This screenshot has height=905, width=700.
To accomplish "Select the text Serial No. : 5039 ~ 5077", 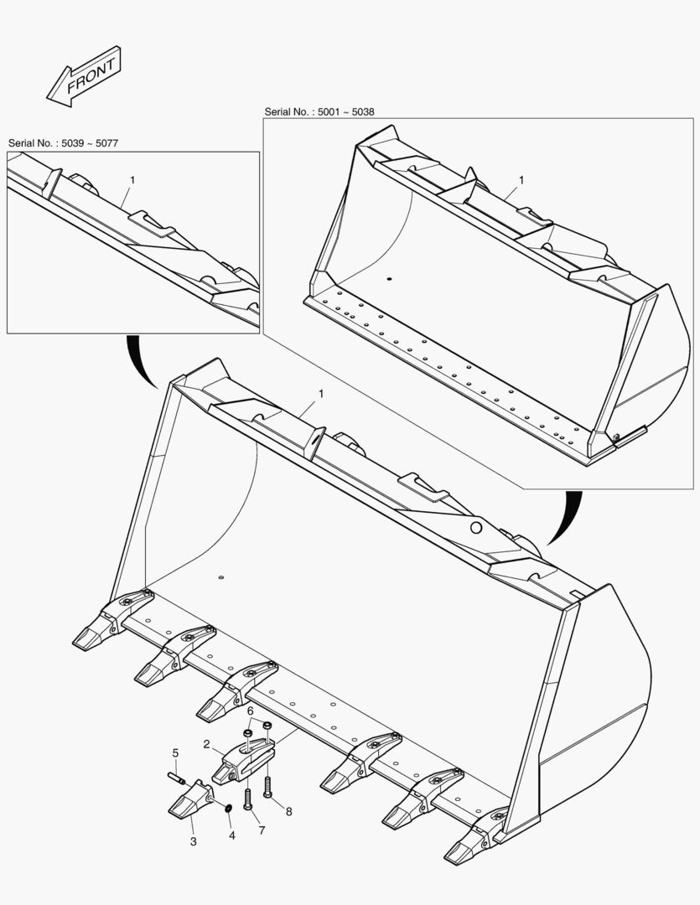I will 63,143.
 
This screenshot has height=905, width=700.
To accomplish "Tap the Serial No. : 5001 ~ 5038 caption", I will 320,111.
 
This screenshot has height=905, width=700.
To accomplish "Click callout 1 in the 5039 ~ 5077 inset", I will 132,180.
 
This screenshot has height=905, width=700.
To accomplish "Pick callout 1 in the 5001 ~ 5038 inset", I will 521,180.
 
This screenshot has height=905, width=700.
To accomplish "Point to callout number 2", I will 206,743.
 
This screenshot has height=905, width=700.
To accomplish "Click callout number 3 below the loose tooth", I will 193,841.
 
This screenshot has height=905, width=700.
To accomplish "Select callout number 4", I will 232,835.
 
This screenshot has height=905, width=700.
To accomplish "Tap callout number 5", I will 175,752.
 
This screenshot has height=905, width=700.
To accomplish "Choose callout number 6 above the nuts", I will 250,711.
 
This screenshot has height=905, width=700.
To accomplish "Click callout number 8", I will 289,811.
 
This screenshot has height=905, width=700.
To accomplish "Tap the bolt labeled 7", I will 248,799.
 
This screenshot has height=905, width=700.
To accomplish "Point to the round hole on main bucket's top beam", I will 475,527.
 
